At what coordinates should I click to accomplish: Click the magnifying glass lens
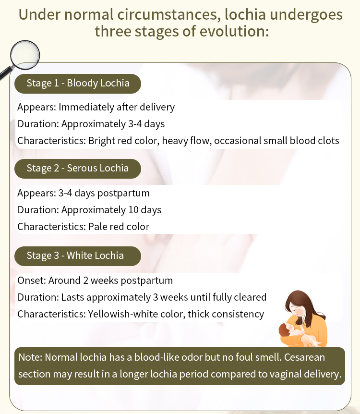[x=25, y=55]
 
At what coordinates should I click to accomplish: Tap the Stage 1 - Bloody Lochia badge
[x=78, y=84]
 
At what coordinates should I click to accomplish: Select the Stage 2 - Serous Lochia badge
[x=78, y=169]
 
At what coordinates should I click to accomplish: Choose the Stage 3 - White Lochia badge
[x=78, y=256]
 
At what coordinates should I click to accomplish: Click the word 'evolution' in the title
[x=234, y=31]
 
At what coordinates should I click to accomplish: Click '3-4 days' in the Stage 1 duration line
[x=146, y=124]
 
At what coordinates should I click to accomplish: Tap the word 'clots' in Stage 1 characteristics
[x=328, y=140]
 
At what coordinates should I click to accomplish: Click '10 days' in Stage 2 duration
[x=144, y=210]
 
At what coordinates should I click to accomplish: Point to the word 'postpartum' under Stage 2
[x=123, y=193]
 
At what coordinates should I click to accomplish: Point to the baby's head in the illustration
[x=285, y=330]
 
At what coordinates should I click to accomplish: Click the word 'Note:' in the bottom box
[x=30, y=357]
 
